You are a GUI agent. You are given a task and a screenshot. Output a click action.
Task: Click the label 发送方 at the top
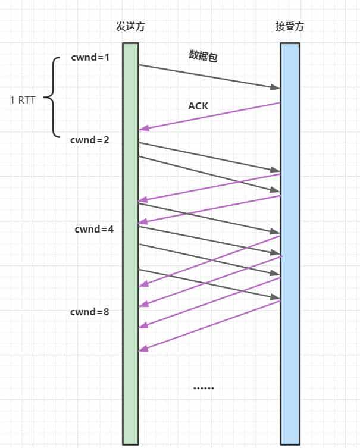(130, 27)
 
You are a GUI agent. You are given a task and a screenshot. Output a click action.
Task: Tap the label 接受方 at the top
(290, 27)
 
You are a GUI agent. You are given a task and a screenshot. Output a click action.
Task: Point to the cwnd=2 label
(89, 140)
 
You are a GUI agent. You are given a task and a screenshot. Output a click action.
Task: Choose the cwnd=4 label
(94, 229)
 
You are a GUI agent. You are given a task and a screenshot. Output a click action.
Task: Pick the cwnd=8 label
(89, 311)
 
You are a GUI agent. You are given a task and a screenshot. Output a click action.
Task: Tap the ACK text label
(198, 106)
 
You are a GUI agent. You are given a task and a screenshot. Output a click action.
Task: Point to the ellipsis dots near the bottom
(204, 388)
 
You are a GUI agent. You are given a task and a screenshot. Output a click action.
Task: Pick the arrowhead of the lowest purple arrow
(143, 350)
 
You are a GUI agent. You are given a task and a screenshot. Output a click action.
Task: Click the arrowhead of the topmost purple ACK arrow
(143, 129)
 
